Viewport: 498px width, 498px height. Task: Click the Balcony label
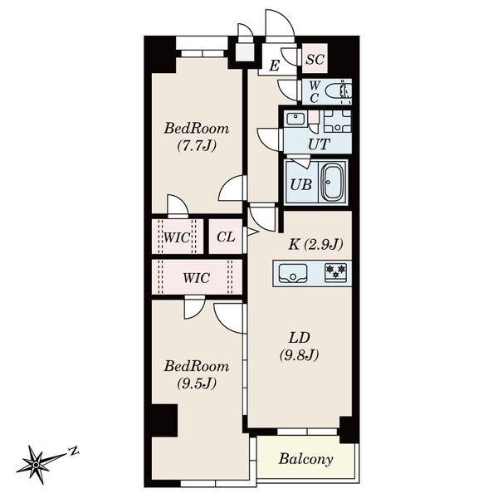coord(305,459)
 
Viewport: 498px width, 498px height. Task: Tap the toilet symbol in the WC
coord(339,90)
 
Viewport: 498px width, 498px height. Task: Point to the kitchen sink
coord(293,272)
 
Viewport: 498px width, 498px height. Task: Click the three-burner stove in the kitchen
coord(335,272)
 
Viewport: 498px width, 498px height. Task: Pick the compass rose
coord(37,465)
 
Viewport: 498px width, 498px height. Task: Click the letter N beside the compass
coord(74,451)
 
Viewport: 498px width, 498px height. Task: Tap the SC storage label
coord(315,59)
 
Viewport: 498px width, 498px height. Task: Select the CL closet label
coord(226,237)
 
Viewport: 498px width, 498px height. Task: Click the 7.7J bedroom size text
coord(197,146)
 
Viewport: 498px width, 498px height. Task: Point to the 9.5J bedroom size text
coord(197,383)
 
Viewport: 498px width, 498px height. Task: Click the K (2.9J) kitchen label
coord(315,245)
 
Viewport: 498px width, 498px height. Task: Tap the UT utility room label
coord(319,144)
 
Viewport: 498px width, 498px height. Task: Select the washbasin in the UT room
coord(295,119)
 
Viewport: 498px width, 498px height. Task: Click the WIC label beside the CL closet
coord(177,237)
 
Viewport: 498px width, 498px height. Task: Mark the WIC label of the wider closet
coord(196,278)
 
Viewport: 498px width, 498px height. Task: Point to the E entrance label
coord(275,66)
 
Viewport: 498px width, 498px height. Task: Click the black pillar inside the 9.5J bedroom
coord(164,421)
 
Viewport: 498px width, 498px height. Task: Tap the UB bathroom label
coord(301,184)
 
